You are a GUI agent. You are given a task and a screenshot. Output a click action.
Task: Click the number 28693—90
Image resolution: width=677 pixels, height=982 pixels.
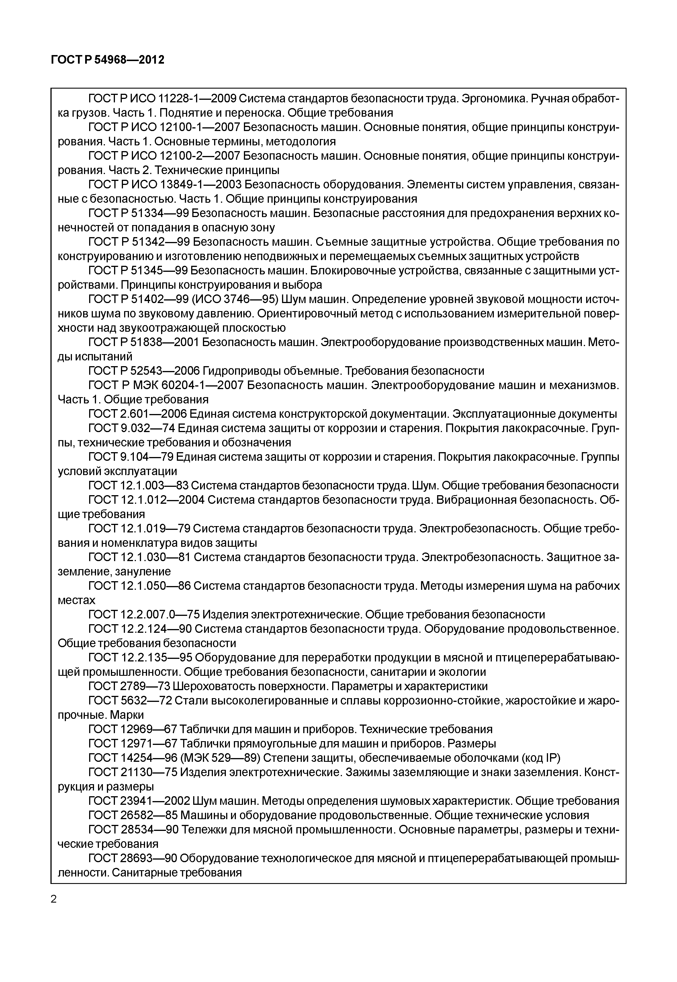pos(148,858)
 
